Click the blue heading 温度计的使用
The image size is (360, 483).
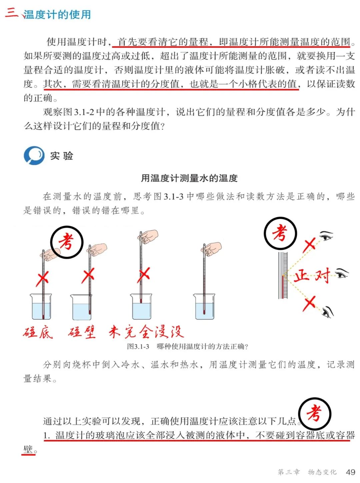pos(57,15)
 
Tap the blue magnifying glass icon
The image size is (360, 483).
pos(34,156)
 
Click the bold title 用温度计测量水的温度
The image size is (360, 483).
pos(189,178)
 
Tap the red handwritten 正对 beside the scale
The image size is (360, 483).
pos(312,276)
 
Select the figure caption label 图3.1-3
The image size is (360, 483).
pos(138,346)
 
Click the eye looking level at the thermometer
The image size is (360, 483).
pos(342,273)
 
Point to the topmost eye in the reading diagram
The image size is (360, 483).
pos(327,236)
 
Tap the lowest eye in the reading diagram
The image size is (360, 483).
pos(328,312)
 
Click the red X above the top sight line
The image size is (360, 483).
pos(309,245)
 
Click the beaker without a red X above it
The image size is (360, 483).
pos(204,306)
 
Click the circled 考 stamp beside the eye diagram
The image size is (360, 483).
pos(280,233)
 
